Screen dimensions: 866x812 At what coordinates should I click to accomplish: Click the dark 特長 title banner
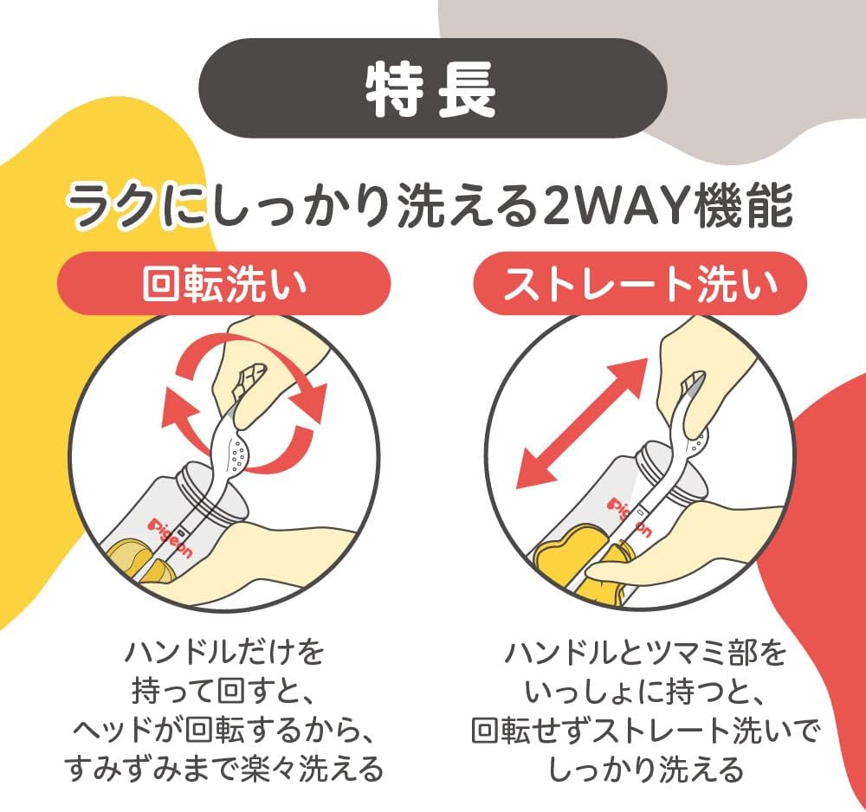(432, 87)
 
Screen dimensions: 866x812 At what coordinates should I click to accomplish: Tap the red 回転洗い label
(224, 283)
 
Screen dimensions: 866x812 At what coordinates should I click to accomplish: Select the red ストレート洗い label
(640, 283)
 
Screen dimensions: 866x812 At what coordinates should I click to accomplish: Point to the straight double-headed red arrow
(581, 423)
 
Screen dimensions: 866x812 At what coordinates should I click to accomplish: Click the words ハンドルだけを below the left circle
(224, 653)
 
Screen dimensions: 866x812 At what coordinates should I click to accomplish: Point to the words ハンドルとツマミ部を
(645, 653)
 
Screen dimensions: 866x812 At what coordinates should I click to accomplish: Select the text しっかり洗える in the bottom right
(645, 769)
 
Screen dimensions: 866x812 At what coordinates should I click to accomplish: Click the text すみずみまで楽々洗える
(224, 769)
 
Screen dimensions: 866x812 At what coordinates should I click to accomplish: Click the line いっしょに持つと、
(645, 692)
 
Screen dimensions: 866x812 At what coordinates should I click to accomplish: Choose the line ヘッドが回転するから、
(224, 731)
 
